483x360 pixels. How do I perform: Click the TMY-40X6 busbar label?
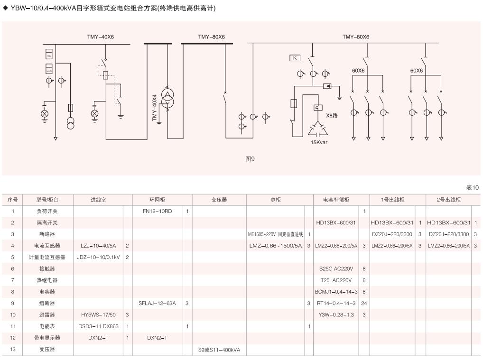101,37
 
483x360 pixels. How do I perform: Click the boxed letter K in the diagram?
295,58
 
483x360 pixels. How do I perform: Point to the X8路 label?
332,115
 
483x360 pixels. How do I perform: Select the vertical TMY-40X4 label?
154,108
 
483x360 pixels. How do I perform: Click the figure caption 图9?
250,159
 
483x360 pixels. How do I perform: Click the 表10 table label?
473,188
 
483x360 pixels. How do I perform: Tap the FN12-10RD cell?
157,211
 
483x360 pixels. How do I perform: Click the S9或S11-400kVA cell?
219,350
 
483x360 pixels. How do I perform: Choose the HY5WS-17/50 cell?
97,315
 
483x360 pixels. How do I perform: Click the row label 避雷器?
47,315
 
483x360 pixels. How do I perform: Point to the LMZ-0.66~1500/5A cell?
275,246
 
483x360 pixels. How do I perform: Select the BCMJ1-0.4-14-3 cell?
336,292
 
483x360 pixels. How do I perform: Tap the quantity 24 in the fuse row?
364,303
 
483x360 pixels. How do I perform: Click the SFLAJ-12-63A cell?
157,303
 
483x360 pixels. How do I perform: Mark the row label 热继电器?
47,280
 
